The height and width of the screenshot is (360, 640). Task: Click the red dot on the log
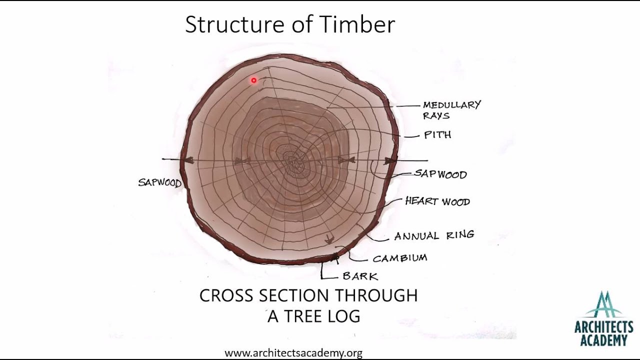pos(254,80)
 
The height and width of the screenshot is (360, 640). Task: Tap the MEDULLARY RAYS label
pos(451,110)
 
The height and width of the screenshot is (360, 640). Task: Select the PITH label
pos(437,135)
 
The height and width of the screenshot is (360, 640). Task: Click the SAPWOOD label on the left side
pos(159,182)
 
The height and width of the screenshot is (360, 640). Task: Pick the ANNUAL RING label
pos(434,235)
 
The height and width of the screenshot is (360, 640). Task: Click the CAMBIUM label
pos(400,258)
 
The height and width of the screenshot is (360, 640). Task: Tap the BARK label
pos(360,276)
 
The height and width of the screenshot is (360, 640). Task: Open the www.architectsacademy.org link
pos(293,353)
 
